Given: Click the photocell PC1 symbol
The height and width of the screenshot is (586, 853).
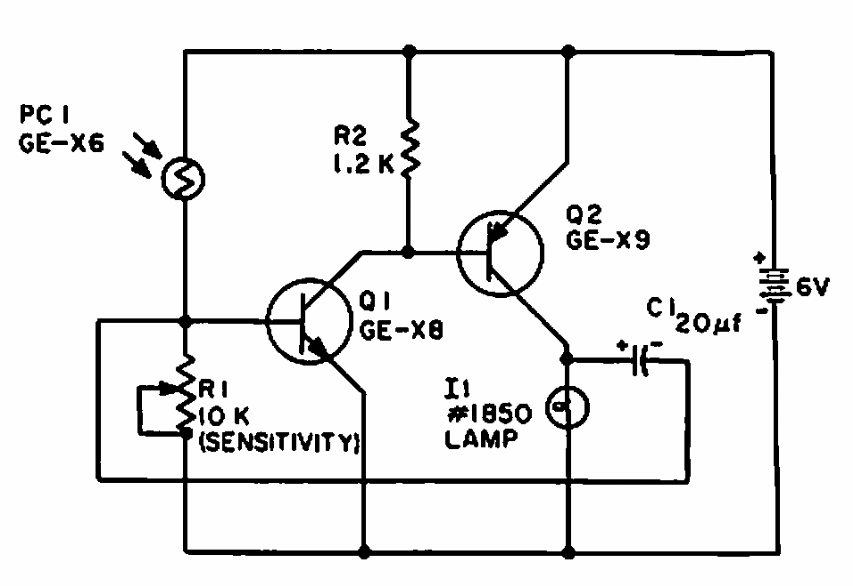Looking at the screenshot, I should pos(187,179).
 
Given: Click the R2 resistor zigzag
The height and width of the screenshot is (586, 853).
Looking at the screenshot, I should pos(409,147).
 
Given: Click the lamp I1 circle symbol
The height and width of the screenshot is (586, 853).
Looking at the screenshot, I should pos(567,405).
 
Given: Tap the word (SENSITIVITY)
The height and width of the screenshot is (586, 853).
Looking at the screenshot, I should pos(281,441).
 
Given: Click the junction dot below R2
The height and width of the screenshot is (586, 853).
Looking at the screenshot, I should pos(409,252).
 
